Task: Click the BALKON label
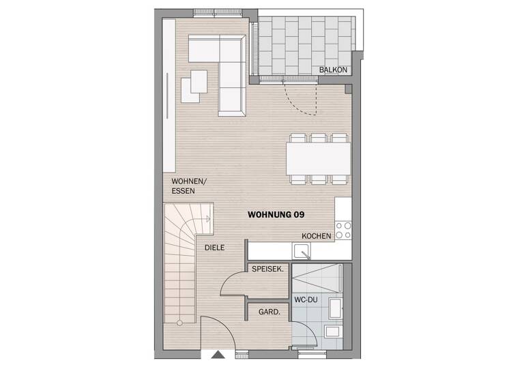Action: (334, 70)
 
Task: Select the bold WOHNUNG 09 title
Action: (276, 214)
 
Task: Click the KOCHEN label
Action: (317, 236)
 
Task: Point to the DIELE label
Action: (214, 248)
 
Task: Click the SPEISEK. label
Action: (268, 269)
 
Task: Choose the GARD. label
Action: (267, 312)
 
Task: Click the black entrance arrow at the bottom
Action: (217, 355)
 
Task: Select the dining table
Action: (319, 158)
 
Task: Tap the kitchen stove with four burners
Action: (343, 230)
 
